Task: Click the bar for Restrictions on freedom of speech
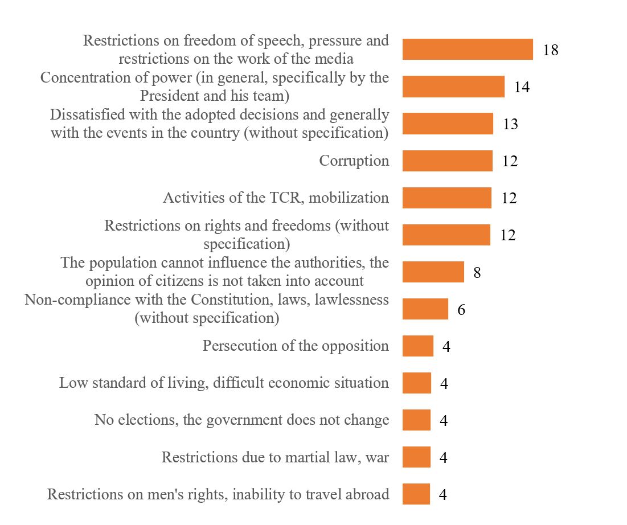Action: (467, 50)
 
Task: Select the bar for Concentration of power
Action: (453, 87)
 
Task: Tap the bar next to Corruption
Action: (447, 161)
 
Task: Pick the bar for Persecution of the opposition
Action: (417, 346)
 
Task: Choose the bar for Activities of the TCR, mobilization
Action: (446, 198)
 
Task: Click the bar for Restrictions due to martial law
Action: (416, 457)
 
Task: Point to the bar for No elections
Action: (416, 420)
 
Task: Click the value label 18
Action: (551, 50)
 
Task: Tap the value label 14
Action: (522, 87)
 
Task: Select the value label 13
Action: (510, 124)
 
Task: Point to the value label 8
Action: (477, 272)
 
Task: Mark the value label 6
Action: (461, 310)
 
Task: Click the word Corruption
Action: (354, 161)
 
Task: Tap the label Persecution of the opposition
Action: (296, 346)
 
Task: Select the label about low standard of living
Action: (224, 383)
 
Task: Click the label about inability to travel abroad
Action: (218, 494)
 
